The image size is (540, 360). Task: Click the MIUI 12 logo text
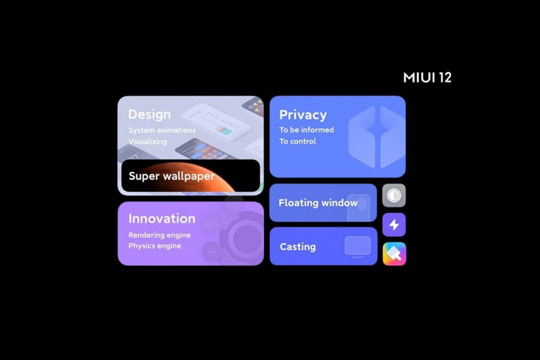[427, 77]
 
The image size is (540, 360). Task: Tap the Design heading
[149, 114]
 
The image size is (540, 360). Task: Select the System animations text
[162, 130]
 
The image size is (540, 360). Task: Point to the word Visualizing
[148, 141]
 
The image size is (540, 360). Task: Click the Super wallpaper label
[171, 176]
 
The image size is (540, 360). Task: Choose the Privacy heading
[303, 115]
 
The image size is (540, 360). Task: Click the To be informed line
[306, 130]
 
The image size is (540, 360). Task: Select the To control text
[297, 141]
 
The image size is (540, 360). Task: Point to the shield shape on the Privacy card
[377, 137]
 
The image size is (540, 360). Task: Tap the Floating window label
[318, 203]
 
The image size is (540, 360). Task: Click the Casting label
[298, 247]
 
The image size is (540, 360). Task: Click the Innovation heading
[162, 219]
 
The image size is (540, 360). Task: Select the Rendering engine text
[159, 235]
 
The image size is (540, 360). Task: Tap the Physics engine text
[155, 246]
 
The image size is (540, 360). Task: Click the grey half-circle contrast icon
[394, 196]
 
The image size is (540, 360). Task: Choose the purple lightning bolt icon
[394, 225]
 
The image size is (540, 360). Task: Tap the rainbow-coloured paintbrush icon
[394, 254]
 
